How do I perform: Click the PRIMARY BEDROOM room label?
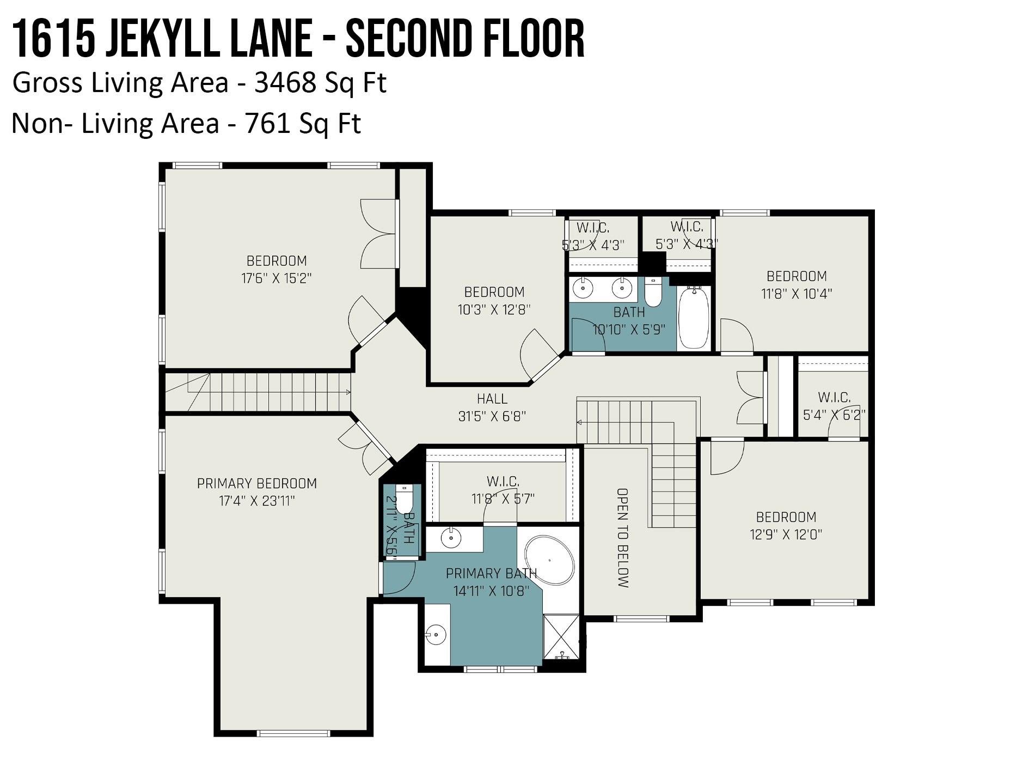point(257,483)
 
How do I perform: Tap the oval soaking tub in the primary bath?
point(550,560)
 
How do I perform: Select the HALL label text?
point(492,399)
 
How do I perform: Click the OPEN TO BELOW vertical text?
point(623,538)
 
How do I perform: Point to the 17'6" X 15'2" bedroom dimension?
point(277,278)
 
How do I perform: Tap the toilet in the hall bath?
point(653,292)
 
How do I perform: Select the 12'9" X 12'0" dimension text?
point(786,534)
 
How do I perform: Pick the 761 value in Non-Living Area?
point(267,124)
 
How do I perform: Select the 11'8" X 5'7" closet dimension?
point(503,499)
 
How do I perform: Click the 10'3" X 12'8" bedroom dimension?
point(494,309)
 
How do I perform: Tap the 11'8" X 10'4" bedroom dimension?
point(797,294)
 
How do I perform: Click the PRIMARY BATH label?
point(491,573)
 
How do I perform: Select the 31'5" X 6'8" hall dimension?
point(492,417)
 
